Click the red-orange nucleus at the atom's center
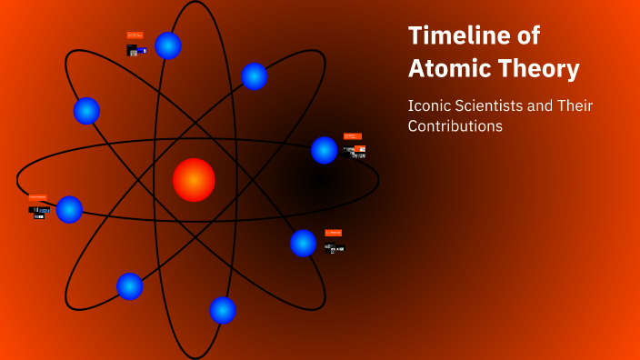click(x=194, y=180)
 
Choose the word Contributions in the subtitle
click(x=455, y=126)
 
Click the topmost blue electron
click(x=168, y=45)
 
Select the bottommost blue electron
click(x=223, y=310)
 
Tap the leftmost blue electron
click(x=69, y=210)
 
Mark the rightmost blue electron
click(x=325, y=150)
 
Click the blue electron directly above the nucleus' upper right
click(x=255, y=76)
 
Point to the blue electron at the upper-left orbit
click(x=86, y=111)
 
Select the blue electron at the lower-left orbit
click(x=130, y=286)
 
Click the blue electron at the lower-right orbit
click(x=303, y=243)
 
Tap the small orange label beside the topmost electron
click(x=135, y=35)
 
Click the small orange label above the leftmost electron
click(x=37, y=196)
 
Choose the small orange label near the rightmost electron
click(x=352, y=136)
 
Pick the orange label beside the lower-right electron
click(x=333, y=233)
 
